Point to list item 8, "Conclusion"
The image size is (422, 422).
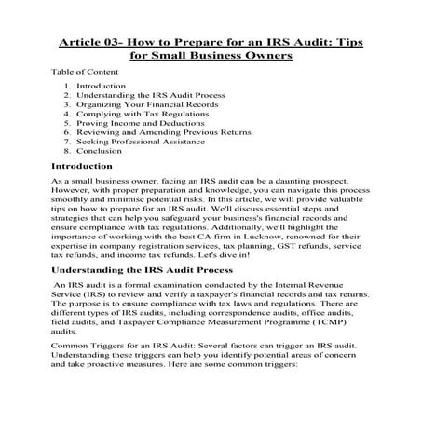click(x=102, y=158)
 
